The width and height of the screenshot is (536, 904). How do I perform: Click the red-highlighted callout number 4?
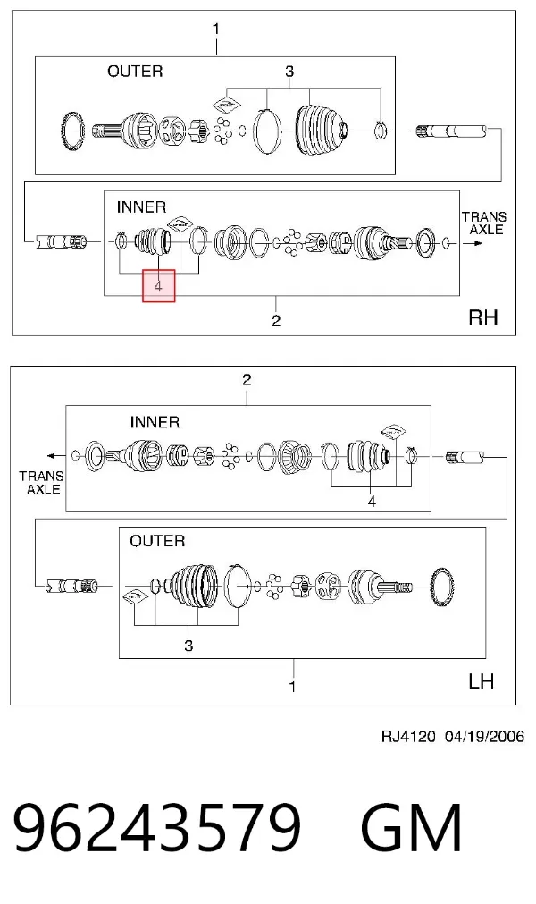(158, 285)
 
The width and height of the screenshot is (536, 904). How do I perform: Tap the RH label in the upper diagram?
(483, 317)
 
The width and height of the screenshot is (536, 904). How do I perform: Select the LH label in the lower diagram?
(481, 681)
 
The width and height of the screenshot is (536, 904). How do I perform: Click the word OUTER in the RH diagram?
(135, 72)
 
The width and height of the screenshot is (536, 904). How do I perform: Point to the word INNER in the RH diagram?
(141, 207)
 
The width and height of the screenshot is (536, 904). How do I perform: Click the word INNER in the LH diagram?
(155, 422)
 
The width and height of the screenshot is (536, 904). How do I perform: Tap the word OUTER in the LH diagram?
(157, 541)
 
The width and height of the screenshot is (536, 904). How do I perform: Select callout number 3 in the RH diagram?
(289, 72)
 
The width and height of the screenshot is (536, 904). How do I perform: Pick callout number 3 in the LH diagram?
(188, 646)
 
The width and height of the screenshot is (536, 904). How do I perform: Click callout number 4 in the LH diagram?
(372, 503)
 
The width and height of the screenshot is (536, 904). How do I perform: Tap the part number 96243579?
(157, 827)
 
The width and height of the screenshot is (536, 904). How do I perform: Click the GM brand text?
(411, 827)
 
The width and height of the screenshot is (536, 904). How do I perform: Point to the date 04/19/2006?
(484, 736)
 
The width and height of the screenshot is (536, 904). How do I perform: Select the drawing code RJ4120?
(408, 736)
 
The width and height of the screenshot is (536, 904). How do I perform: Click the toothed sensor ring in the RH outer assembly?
(72, 131)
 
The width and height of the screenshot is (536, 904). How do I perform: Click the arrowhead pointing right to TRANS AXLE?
(477, 243)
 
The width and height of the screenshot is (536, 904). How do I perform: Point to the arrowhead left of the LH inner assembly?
(52, 455)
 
